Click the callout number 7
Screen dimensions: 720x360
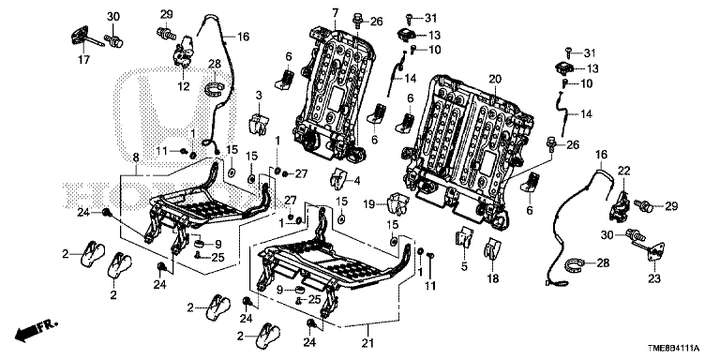334,12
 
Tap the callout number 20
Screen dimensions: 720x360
493,79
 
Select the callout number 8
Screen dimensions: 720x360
136,157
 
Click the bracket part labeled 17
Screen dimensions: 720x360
82,37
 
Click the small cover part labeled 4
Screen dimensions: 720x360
338,178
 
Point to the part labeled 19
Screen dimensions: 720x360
398,203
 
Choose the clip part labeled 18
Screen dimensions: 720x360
492,248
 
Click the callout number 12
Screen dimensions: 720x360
184,86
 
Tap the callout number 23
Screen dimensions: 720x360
653,277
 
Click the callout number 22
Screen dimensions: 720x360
623,171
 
